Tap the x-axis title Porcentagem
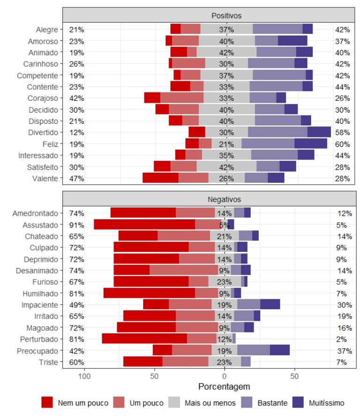point(224,387)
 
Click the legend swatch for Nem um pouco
point(47,403)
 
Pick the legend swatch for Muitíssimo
point(298,403)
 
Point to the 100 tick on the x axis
point(84,376)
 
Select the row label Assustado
point(41,225)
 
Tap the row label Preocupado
point(39,350)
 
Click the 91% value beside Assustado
point(76,225)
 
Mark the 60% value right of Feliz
point(343,144)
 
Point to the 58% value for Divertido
point(343,132)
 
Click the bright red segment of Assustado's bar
point(144,225)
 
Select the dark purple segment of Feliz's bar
point(311,144)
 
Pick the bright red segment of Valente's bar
point(160,178)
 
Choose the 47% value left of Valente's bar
point(76,178)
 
